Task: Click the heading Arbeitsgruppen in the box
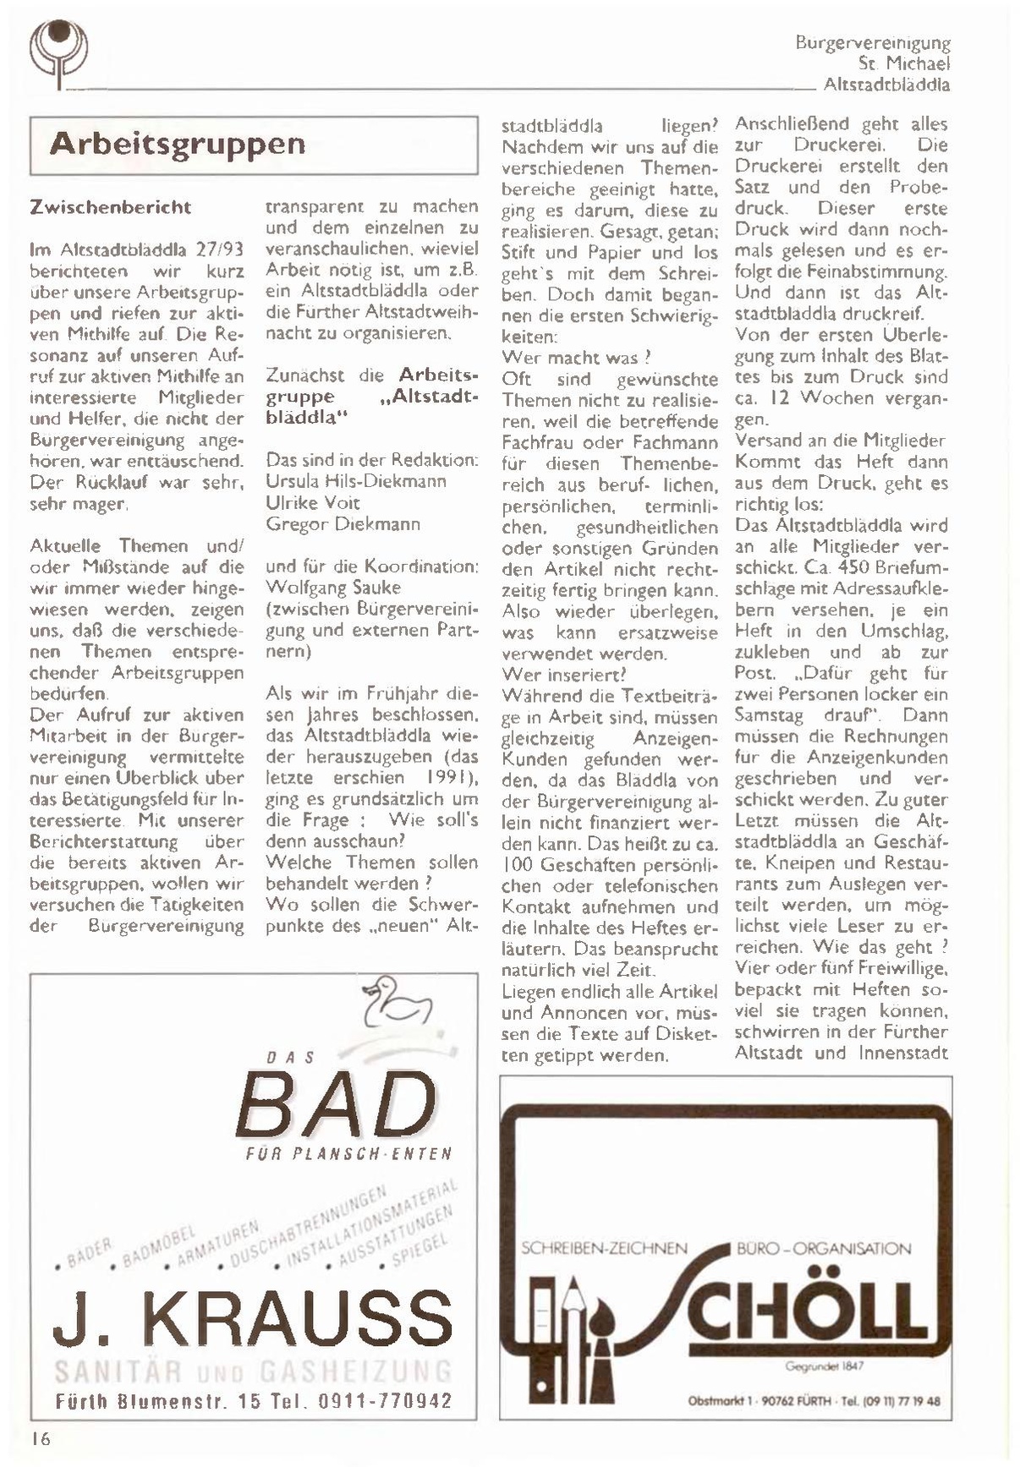(177, 144)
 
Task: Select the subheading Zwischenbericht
(110, 207)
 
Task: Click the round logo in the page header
(58, 50)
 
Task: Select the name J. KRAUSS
(253, 1319)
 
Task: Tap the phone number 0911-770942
(385, 1401)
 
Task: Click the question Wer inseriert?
(564, 674)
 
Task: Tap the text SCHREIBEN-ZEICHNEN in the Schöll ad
(604, 1248)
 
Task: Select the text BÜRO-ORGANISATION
(823, 1248)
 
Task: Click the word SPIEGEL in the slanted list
(420, 1251)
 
